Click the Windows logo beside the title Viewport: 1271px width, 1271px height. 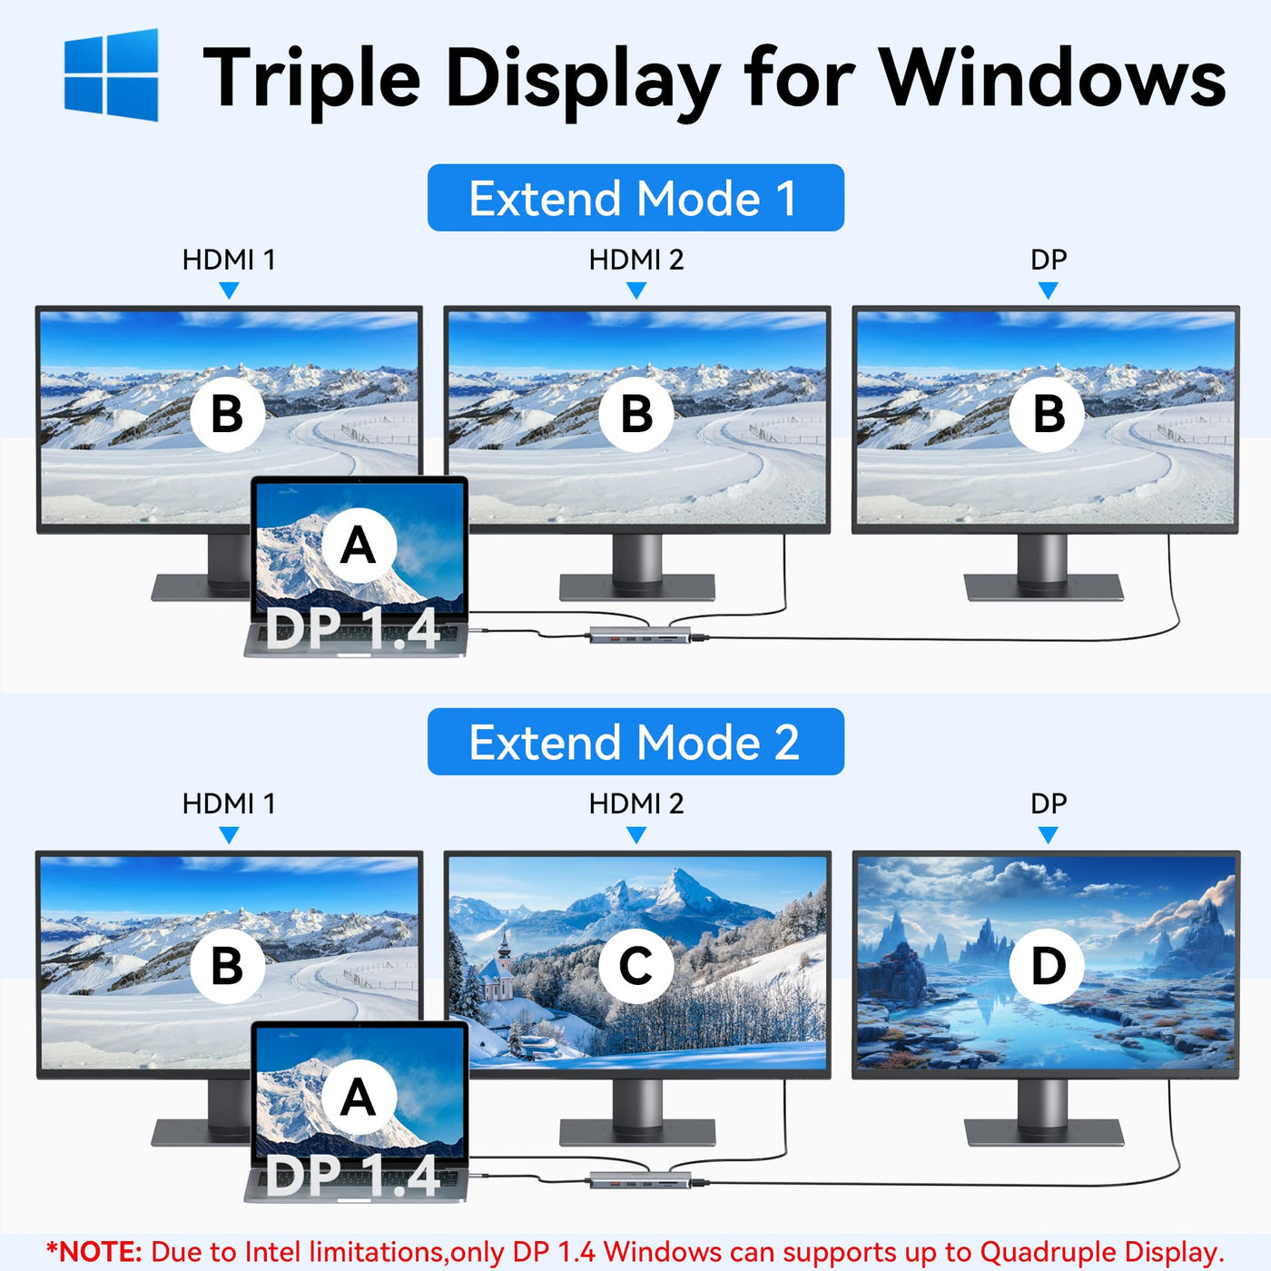click(x=111, y=74)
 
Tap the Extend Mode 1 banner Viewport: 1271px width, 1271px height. click(x=635, y=198)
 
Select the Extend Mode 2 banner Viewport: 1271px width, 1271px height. click(x=635, y=742)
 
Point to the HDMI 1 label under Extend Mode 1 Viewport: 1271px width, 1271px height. click(x=228, y=260)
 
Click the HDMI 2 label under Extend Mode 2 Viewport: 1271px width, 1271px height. click(x=635, y=803)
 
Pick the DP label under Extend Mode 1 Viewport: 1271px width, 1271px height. click(x=1048, y=260)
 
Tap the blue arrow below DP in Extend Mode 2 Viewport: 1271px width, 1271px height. click(x=1048, y=835)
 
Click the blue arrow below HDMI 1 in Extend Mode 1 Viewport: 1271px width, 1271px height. click(x=228, y=291)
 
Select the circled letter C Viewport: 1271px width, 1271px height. click(x=635, y=966)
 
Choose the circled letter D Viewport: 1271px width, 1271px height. click(x=1048, y=966)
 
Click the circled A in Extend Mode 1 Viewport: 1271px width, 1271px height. click(x=359, y=546)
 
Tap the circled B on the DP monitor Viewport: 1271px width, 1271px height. click(x=1048, y=414)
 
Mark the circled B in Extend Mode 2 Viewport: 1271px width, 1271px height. click(x=228, y=966)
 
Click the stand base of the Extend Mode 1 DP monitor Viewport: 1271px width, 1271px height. click(x=1043, y=586)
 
